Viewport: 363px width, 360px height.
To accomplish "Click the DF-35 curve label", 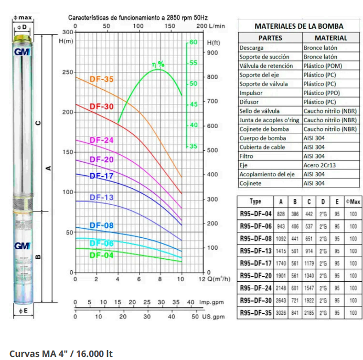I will [101, 80].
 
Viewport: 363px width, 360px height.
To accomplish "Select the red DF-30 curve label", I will [101, 107].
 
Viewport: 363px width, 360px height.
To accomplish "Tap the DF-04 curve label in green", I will [101, 255].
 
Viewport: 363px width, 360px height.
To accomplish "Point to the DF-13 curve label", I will [101, 197].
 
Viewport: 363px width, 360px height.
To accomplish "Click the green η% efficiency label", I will [158, 64].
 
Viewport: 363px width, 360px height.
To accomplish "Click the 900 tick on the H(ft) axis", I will [212, 52].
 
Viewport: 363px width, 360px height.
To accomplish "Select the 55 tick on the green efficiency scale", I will [193, 62].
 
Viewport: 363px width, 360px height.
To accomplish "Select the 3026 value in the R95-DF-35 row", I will [281, 314].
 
